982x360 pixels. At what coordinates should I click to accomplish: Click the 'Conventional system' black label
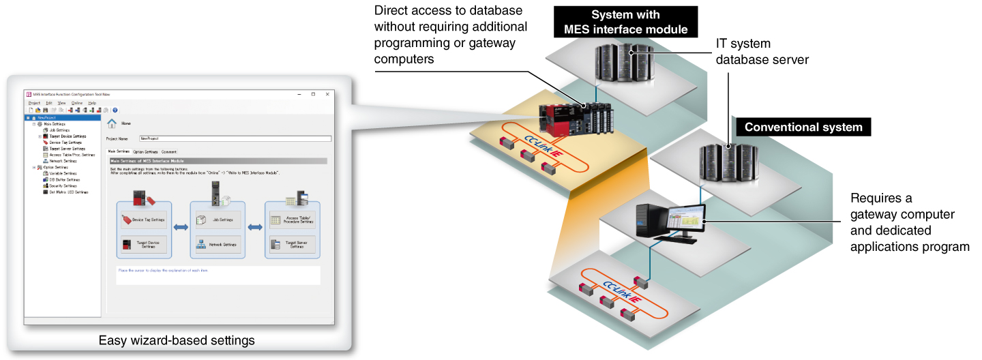(803, 127)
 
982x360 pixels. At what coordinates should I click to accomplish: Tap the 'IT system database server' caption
(761, 51)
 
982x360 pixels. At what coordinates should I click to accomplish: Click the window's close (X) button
(328, 94)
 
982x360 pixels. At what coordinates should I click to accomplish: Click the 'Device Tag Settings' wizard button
(144, 220)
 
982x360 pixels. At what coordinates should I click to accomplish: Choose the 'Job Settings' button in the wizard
(218, 220)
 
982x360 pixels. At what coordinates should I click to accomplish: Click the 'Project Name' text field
(235, 138)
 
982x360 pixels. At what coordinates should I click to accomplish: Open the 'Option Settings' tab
(145, 152)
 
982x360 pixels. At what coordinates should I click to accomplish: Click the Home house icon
(112, 123)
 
